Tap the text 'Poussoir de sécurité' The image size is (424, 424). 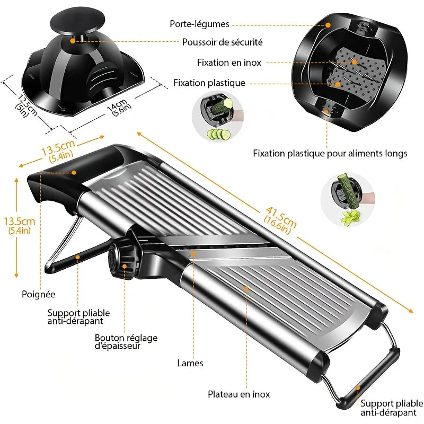[x=222, y=42]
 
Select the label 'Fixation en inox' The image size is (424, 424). [x=229, y=63]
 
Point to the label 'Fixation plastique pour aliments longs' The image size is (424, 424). [x=330, y=154]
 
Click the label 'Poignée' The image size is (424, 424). [x=39, y=294]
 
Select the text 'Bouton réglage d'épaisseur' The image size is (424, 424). [x=126, y=342]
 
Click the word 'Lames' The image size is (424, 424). [x=190, y=364]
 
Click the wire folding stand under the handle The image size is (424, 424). [x=64, y=244]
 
